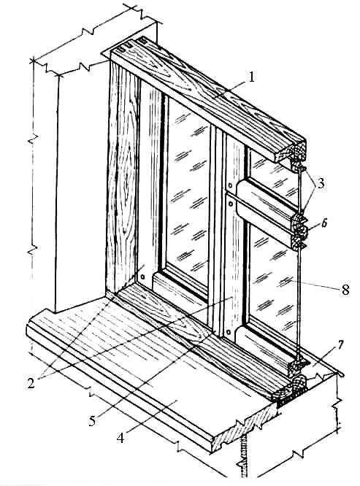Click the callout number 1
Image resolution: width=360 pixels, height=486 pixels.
251,77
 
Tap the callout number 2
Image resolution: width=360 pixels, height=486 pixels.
31,383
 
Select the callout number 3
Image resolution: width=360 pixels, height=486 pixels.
321,183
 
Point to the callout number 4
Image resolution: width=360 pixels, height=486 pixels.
120,438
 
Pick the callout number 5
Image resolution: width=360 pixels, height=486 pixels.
93,421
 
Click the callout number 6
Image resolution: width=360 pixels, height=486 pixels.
323,223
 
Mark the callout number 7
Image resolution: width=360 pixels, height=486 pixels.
340,344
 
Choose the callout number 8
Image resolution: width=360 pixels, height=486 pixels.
345,290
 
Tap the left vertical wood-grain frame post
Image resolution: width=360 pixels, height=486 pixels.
123,177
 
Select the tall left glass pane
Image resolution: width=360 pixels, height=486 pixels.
188,192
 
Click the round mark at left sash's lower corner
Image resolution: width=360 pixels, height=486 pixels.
143,276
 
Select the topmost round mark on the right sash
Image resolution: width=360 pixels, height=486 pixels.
231,185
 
